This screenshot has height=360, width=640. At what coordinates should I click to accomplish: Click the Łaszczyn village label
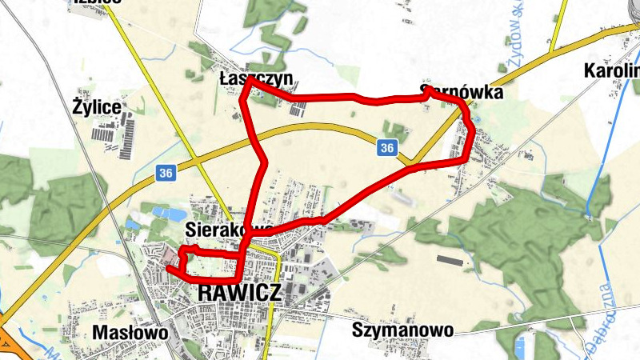(256, 78)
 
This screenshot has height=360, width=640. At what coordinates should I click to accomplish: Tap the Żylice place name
(97, 106)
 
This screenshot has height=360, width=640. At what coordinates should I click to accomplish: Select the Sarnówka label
(462, 93)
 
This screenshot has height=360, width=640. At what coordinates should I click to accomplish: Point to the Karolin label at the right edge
(613, 70)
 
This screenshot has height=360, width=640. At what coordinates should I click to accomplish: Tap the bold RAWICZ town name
(239, 293)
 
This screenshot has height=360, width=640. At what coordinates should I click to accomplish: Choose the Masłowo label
(130, 331)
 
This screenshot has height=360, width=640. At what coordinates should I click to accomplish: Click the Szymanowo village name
(402, 329)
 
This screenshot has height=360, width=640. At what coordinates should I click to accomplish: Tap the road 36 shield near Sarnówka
(387, 148)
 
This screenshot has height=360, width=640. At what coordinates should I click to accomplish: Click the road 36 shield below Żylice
(166, 173)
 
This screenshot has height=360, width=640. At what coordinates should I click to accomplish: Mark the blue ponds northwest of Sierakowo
(166, 214)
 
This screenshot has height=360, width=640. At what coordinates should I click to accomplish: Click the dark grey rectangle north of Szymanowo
(450, 259)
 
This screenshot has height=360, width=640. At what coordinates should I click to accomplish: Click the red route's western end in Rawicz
(169, 269)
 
